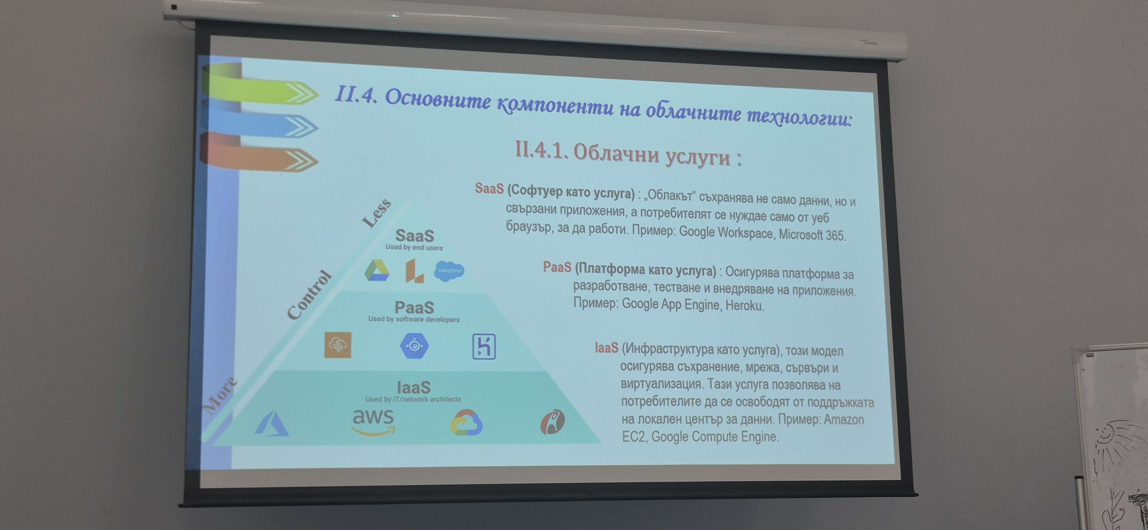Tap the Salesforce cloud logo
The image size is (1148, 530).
tap(449, 271)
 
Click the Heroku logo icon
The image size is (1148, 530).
tap(484, 346)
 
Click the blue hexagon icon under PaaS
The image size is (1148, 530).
tap(414, 346)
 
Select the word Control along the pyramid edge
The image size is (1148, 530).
tap(310, 295)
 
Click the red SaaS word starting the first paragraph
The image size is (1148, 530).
tap(489, 188)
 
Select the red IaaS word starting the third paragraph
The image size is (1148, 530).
tap(606, 347)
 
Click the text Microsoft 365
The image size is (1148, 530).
tap(812, 235)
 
